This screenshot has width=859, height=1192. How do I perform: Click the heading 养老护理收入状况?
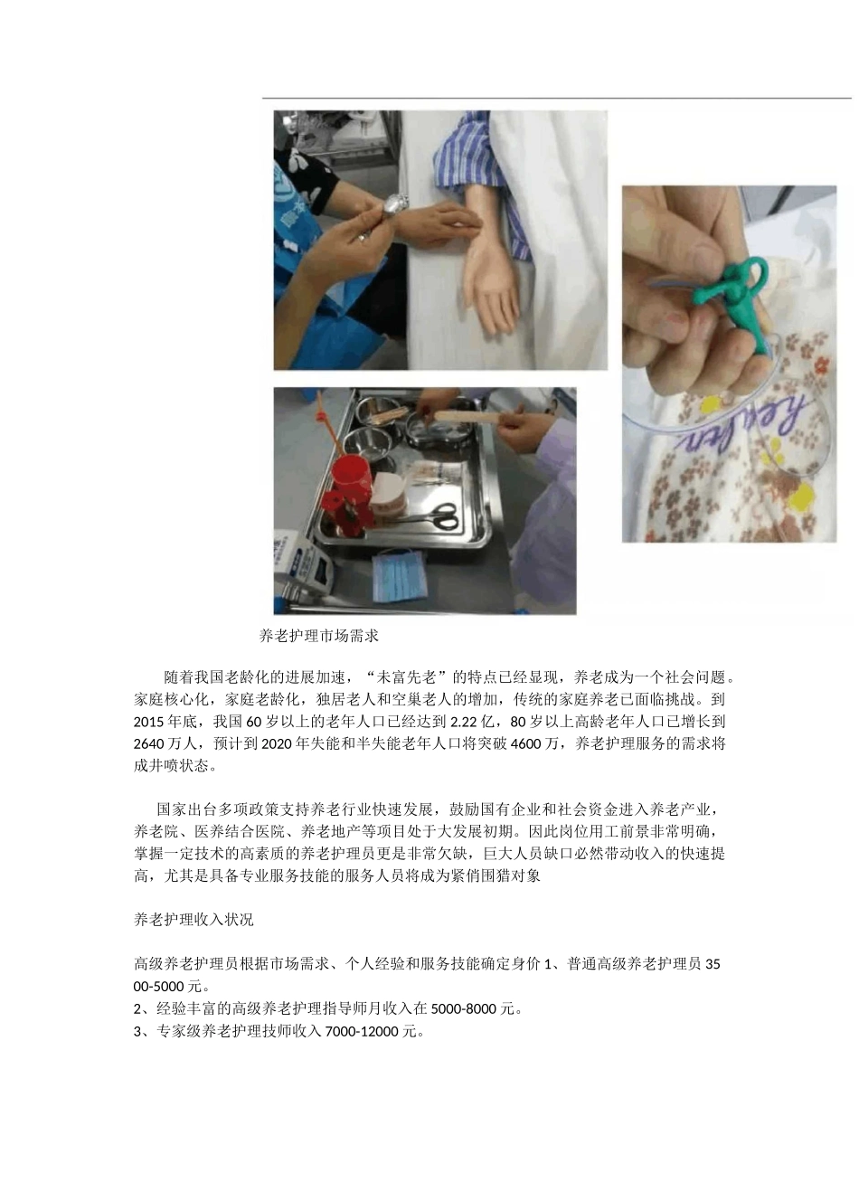click(x=194, y=920)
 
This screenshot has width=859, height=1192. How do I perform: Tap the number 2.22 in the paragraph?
click(x=465, y=722)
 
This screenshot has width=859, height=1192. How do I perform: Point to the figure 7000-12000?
click(x=363, y=1032)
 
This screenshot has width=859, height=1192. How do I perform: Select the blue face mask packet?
click(x=397, y=576)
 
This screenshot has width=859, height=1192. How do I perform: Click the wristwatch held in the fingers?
click(x=394, y=205)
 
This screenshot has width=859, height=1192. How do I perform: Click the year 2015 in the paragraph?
click(x=148, y=722)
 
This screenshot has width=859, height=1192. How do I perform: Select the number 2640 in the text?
click(x=148, y=744)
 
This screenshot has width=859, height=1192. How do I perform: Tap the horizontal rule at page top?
click(x=556, y=97)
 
